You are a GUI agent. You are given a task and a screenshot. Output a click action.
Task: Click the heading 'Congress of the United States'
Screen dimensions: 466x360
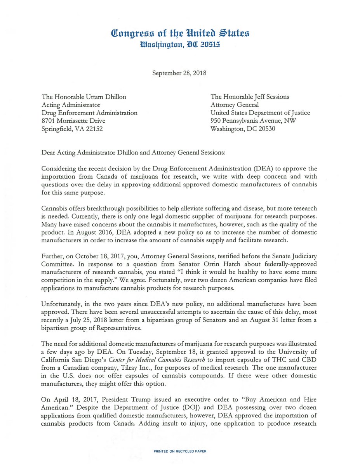180,33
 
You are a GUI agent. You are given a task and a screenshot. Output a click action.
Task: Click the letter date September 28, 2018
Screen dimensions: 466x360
180,73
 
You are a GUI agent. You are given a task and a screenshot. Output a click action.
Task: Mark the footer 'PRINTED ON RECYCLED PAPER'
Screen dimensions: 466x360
180,451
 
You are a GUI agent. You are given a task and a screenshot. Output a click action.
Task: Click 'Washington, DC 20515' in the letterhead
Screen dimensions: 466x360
180,45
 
